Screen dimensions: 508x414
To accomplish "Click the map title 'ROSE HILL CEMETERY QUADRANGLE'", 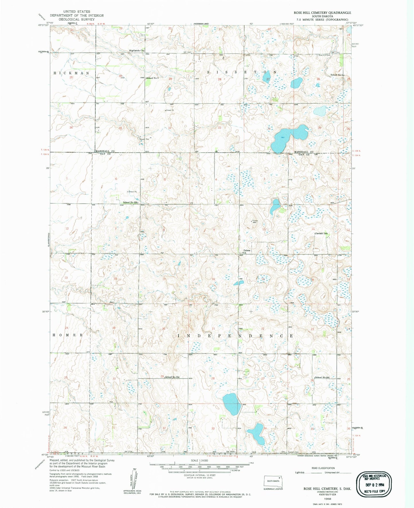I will point(322,13).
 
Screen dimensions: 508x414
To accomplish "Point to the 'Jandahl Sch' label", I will point(321,234).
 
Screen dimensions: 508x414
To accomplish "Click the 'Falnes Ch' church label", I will point(247,251).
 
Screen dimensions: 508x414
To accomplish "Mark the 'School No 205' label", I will point(322,377).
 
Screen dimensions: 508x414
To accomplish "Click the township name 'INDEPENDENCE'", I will point(236,336).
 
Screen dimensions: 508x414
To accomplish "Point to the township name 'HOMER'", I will point(68,335).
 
